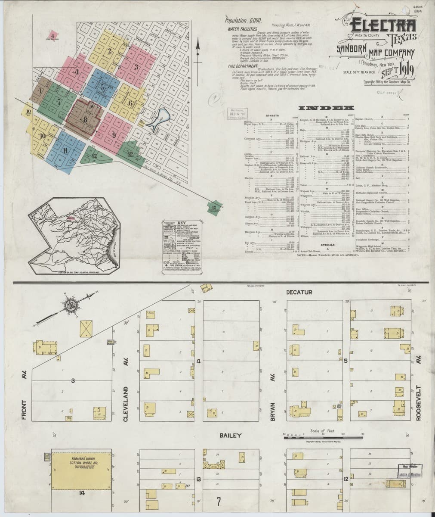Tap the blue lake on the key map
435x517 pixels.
(155, 122)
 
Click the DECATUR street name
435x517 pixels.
(299, 293)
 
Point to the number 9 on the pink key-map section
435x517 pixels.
(114, 135)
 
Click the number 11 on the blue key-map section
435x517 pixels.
(65, 150)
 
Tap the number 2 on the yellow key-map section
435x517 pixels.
(110, 51)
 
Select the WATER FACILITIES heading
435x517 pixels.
(241, 29)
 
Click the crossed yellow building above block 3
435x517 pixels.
(88, 329)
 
